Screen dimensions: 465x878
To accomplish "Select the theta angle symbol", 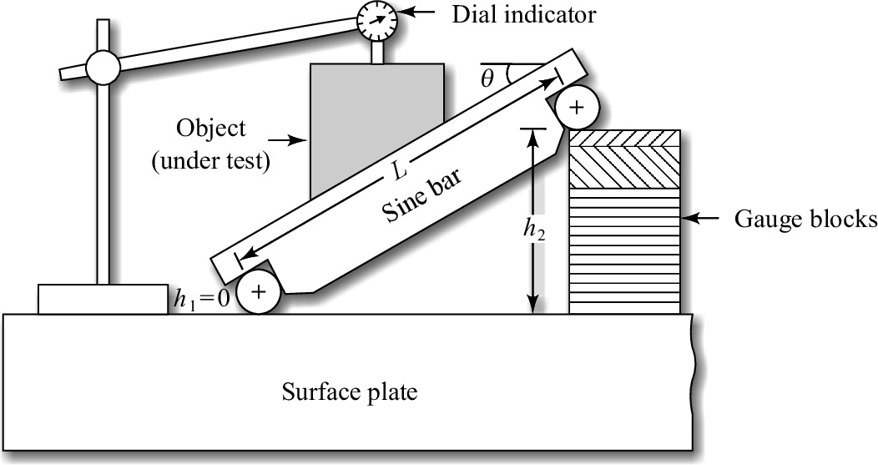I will pyautogui.click(x=489, y=78).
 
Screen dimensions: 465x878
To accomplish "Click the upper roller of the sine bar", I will pyautogui.click(x=577, y=107).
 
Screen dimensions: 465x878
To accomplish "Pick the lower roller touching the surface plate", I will pyautogui.click(x=259, y=291).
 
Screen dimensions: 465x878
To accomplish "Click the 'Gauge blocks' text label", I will pyautogui.click(x=805, y=220).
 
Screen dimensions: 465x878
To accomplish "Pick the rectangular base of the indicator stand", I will pyautogui.click(x=102, y=298).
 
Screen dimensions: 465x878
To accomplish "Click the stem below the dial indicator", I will pyautogui.click(x=376, y=52).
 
